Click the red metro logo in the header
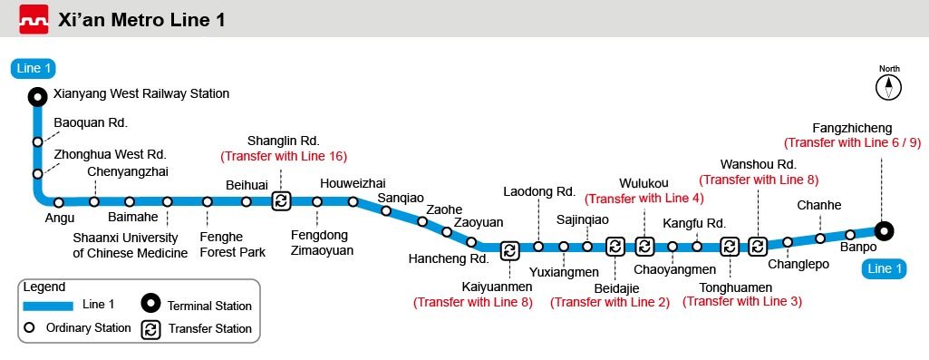tap(34, 19)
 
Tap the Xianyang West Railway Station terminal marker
tap(38, 96)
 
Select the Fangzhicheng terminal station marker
tap(884, 230)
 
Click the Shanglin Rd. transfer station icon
tap(282, 201)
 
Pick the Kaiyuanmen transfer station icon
tap(509, 250)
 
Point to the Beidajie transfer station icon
tap(615, 246)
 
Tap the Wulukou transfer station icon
tap(644, 246)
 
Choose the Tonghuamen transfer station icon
tap(730, 246)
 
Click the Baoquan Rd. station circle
tap(38, 141)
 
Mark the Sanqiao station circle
tap(386, 210)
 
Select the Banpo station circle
tap(850, 234)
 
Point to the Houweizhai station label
tap(353, 184)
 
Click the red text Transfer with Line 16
tap(284, 157)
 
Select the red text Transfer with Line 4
tap(644, 198)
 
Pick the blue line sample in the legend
tap(48, 306)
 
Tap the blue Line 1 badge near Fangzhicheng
tap(884, 269)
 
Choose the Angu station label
tap(60, 219)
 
